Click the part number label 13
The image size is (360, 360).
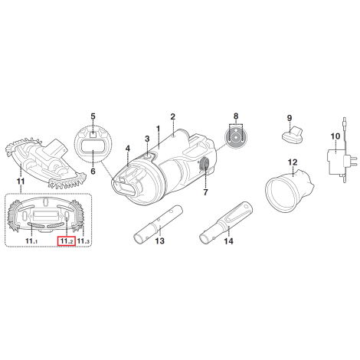point(160,241)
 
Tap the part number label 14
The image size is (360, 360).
point(228,241)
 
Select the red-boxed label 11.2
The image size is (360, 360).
point(67,241)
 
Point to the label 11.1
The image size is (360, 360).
point(31,241)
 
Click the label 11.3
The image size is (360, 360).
point(83,241)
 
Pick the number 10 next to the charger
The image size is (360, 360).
point(335,136)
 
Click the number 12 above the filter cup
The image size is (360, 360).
point(293,162)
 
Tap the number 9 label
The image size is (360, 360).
point(290,118)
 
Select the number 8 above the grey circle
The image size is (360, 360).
point(236,116)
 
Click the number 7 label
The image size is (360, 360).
point(205,192)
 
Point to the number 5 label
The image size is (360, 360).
point(93,116)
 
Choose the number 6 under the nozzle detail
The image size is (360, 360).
point(93,171)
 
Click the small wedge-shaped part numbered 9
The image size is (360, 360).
point(293,135)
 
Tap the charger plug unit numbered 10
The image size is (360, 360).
point(337,163)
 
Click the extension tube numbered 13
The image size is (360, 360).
point(159,224)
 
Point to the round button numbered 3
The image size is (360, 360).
point(149,156)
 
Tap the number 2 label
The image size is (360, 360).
point(173,116)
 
